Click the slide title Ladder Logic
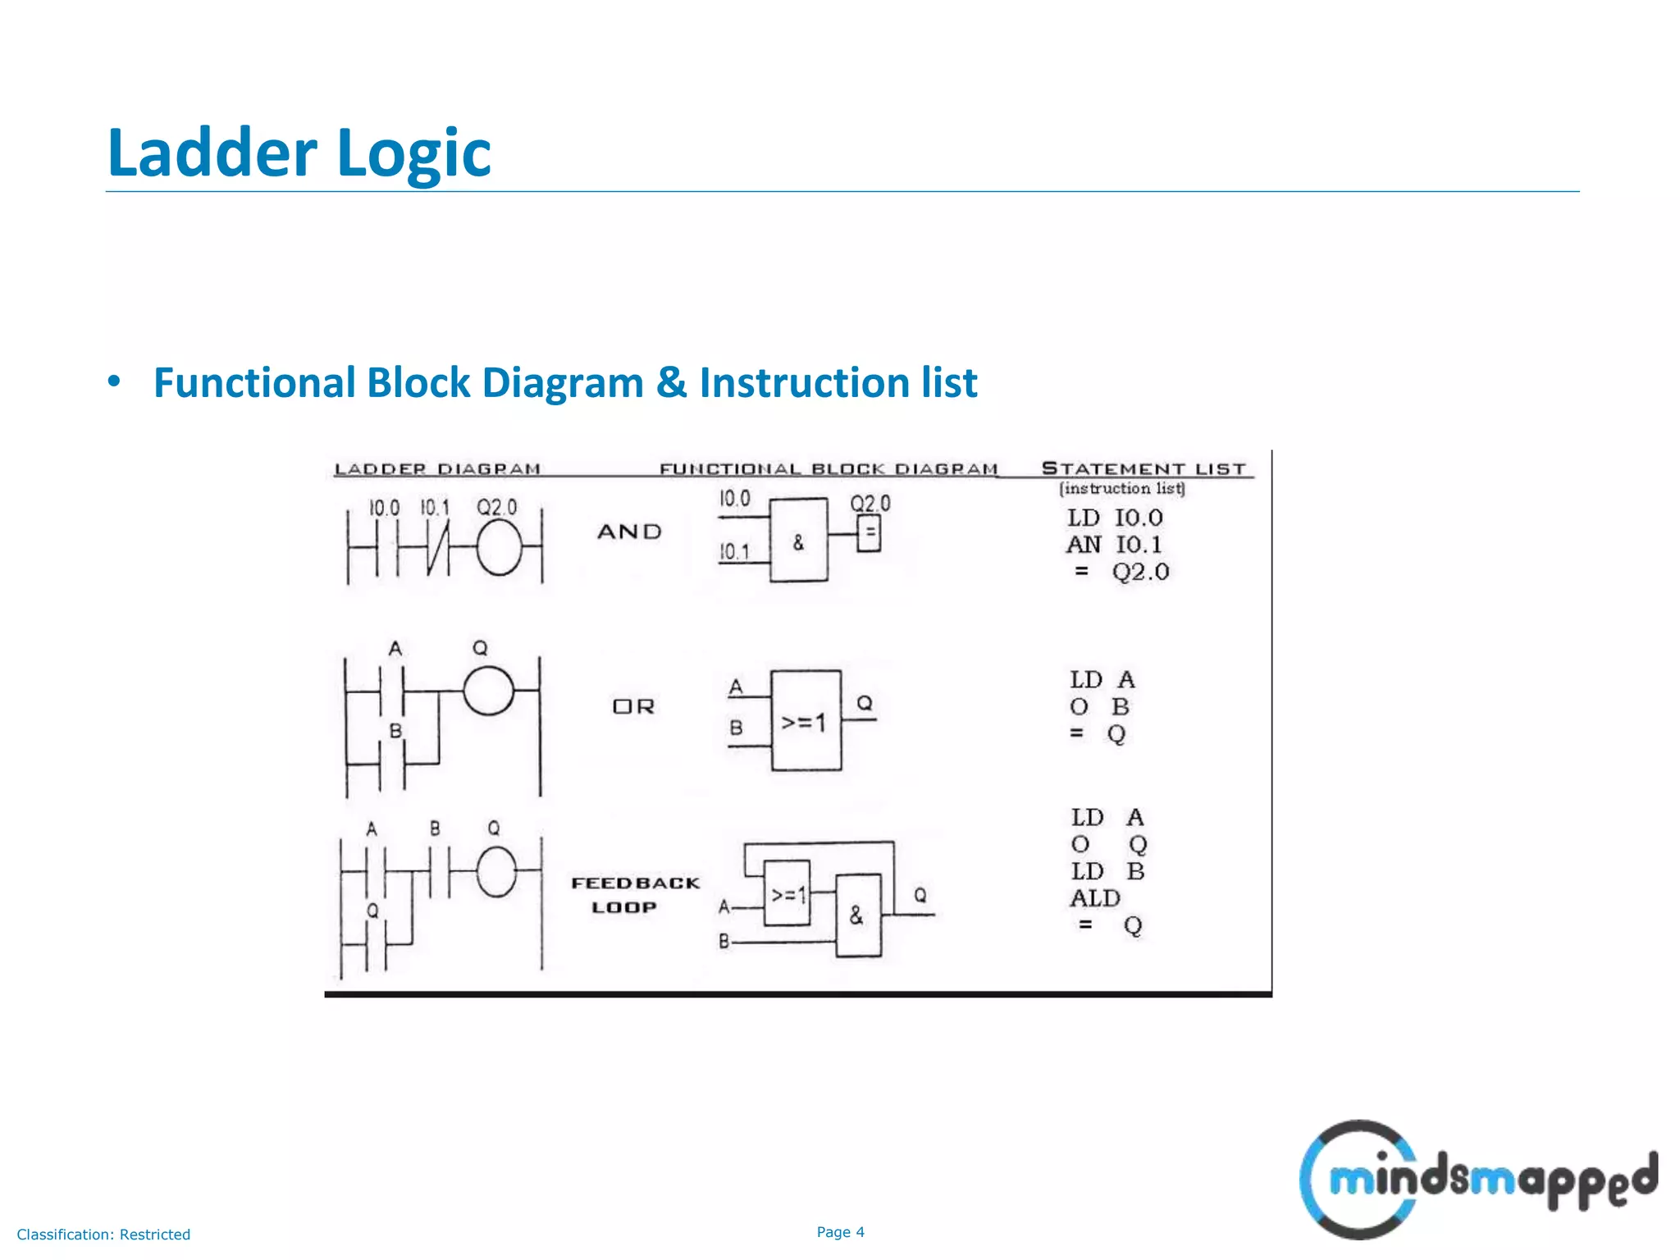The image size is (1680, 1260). [299, 153]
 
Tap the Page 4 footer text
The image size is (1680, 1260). [840, 1232]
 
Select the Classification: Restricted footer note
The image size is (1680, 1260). [103, 1235]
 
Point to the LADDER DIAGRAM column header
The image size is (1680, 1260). [437, 469]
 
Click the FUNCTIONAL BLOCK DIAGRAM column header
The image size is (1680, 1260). [829, 469]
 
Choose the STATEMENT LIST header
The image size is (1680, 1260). [1144, 468]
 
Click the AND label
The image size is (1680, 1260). [629, 532]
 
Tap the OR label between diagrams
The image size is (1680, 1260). [633, 706]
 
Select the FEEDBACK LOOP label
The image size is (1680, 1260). [634, 895]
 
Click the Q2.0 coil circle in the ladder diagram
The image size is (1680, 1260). [499, 548]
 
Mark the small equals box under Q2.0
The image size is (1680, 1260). [870, 534]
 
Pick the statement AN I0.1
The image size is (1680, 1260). [1114, 545]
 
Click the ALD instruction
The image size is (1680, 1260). [1095, 899]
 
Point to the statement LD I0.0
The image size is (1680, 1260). [1114, 518]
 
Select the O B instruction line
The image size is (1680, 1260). [1099, 707]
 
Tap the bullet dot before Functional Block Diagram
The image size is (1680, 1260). [114, 382]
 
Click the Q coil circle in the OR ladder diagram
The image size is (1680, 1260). [489, 691]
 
